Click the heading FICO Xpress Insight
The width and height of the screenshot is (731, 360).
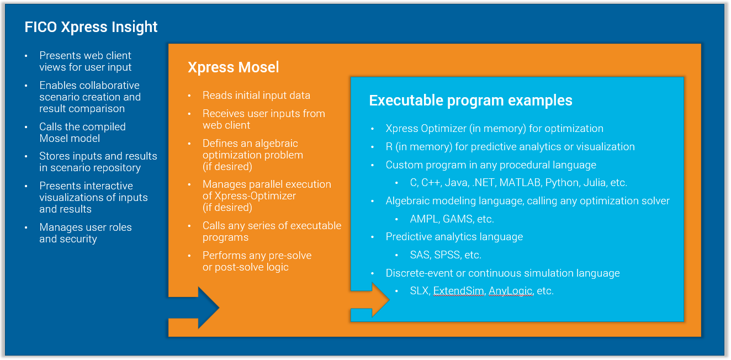[x=91, y=27]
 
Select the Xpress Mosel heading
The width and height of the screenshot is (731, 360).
[x=233, y=67]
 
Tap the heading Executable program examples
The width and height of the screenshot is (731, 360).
[x=470, y=100]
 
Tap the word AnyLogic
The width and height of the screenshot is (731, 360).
[x=511, y=291]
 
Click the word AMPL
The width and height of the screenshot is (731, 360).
[x=424, y=219]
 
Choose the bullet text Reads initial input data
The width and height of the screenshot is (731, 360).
[x=256, y=96]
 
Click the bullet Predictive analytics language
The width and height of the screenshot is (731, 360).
[x=454, y=237]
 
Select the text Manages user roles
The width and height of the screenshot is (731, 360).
[x=85, y=227]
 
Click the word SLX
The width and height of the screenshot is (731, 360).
[x=419, y=291]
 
